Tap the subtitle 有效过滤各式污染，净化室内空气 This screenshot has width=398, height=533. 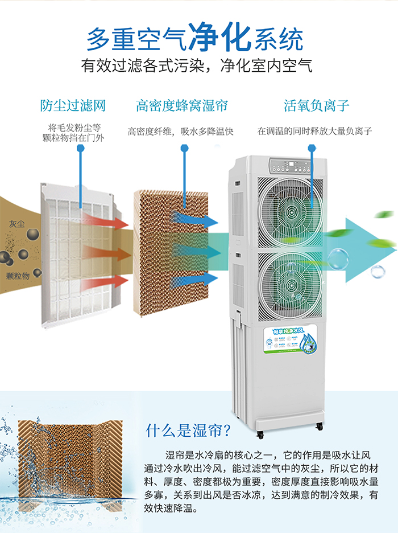(x=196, y=66)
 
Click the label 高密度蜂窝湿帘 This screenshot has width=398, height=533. (x=181, y=105)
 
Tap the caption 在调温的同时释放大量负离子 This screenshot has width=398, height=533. (x=314, y=132)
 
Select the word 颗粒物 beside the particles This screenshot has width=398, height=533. (x=18, y=275)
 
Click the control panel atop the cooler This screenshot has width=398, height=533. (x=290, y=166)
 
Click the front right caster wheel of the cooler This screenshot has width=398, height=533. (x=319, y=426)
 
